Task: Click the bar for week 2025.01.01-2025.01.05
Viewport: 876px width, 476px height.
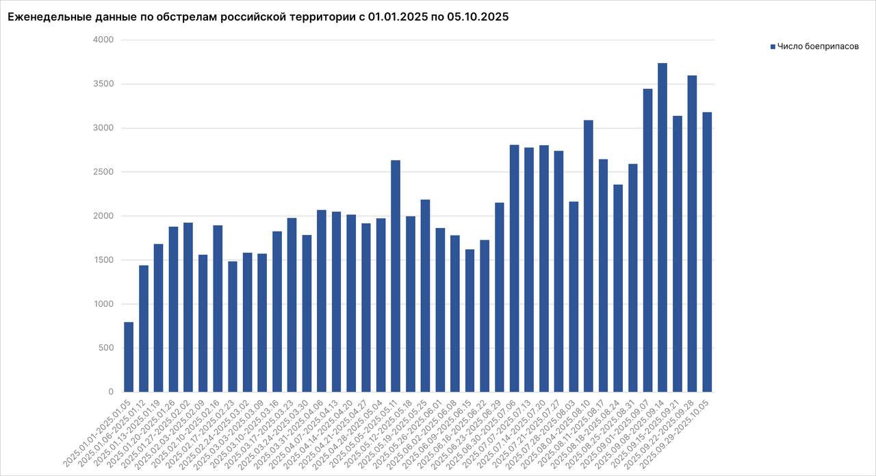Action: click(129, 357)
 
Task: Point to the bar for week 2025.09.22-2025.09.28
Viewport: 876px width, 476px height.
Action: click(692, 234)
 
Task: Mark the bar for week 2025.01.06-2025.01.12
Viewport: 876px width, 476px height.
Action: click(144, 329)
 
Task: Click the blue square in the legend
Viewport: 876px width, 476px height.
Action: click(773, 47)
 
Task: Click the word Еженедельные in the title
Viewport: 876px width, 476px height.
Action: click(49, 17)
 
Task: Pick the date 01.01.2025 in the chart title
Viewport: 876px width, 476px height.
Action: click(394, 17)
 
